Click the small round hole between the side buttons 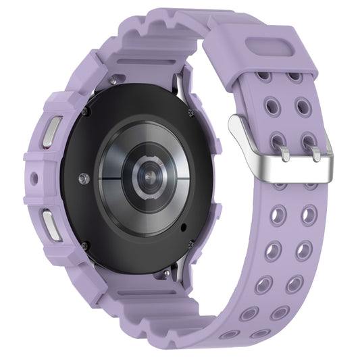(x=34, y=180)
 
